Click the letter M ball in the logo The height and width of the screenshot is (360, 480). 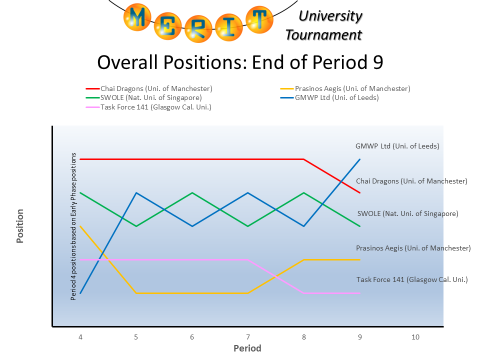138,17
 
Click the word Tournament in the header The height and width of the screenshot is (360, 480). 323,34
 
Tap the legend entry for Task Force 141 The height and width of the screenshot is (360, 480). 155,107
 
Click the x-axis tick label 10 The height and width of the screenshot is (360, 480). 415,337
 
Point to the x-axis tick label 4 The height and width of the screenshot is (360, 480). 80,337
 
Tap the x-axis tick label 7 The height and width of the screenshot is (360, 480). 247,337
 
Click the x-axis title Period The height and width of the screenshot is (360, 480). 247,348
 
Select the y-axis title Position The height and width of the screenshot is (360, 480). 20,226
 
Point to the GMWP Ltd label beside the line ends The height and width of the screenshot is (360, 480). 397,146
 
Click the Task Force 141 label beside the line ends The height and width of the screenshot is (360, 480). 411,279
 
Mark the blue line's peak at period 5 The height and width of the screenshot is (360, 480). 136,192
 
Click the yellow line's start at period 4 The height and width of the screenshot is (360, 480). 80,226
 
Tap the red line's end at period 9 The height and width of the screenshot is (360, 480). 359,192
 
